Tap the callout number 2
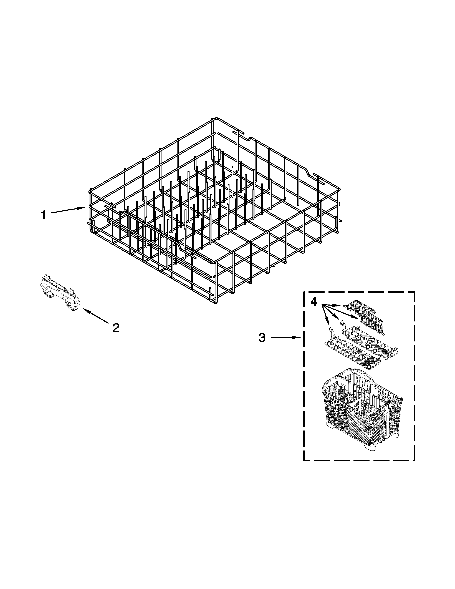tap(116, 328)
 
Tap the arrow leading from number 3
tap(286, 337)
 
